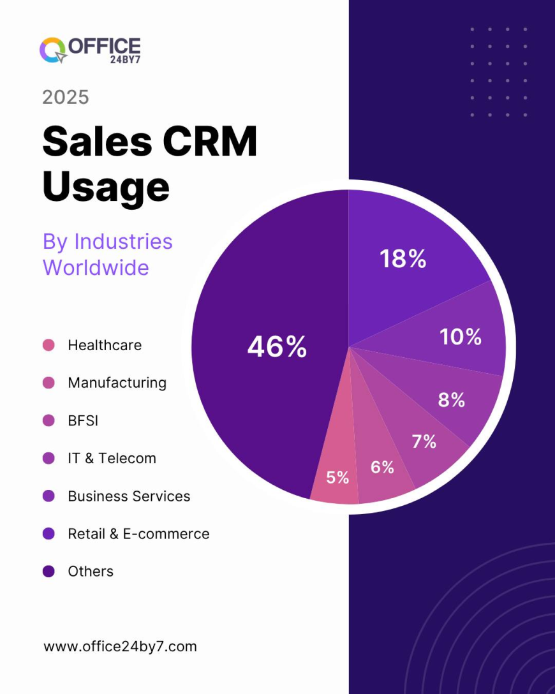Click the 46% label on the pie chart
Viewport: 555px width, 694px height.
point(277,347)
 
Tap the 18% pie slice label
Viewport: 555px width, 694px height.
point(403,258)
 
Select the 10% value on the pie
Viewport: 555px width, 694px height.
point(460,337)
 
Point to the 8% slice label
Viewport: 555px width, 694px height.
point(451,400)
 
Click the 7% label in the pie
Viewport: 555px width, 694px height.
point(424,441)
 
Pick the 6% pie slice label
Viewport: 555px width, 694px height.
point(382,467)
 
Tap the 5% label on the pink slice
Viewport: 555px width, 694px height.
point(337,477)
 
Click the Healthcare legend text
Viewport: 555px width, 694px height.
point(105,345)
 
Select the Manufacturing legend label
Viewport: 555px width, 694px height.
point(117,383)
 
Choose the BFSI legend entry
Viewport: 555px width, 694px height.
point(83,420)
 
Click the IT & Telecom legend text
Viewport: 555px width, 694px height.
point(112,458)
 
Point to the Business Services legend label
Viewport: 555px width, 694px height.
point(129,496)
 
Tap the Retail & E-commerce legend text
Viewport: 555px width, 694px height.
point(138,533)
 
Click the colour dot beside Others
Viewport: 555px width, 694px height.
point(48,571)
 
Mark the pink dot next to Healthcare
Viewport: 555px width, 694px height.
point(48,345)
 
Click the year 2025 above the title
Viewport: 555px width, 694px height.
point(65,97)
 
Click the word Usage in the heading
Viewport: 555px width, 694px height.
point(106,186)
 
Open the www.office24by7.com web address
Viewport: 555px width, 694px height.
point(120,646)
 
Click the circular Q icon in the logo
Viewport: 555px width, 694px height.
point(52,50)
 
